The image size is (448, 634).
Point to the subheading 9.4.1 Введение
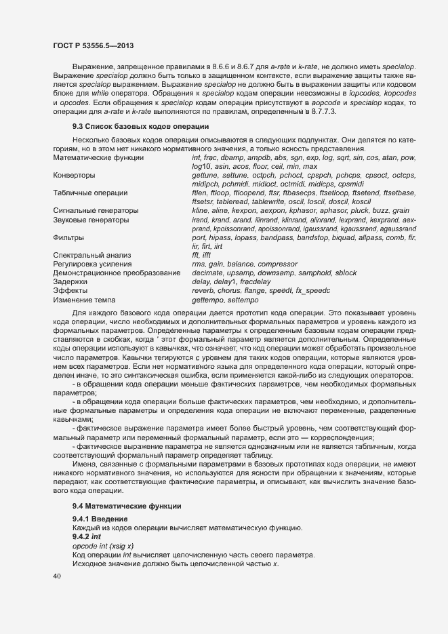pyautogui.click(x=100, y=519)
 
